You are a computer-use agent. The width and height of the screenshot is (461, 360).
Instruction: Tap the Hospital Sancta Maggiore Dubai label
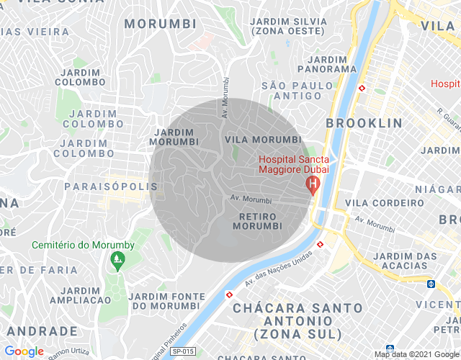(x=293, y=164)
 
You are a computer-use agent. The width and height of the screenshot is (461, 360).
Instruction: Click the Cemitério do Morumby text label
(x=83, y=245)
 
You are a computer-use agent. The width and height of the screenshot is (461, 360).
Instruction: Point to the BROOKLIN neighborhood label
(x=364, y=123)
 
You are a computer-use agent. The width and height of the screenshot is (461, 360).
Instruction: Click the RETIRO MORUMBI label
(x=260, y=221)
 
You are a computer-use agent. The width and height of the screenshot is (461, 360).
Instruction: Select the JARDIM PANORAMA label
(x=326, y=63)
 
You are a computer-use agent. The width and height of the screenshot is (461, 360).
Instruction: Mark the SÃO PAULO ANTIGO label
(x=297, y=91)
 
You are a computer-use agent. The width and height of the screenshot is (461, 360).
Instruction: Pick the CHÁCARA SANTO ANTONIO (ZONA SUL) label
(x=297, y=320)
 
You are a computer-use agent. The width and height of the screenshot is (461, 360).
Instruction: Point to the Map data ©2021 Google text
(x=416, y=354)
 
